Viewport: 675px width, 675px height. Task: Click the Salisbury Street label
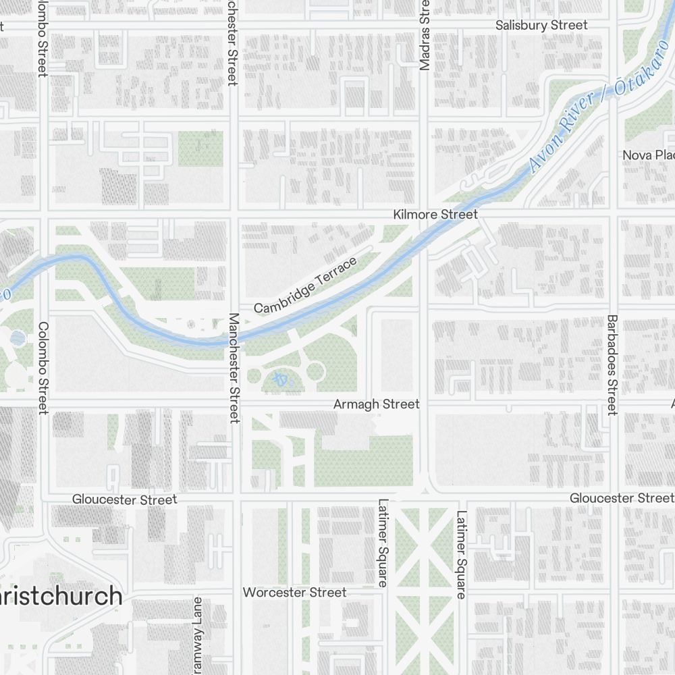[x=541, y=25]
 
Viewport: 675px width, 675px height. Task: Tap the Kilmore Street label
[x=435, y=214]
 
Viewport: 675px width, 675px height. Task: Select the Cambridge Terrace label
[x=305, y=285]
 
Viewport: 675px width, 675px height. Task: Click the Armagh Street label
[x=377, y=404]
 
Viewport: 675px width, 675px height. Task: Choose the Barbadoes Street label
[x=612, y=364]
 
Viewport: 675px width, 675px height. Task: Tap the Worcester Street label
[x=294, y=593]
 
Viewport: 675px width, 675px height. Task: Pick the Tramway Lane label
[x=197, y=634]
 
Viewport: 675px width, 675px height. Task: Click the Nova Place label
[x=647, y=155]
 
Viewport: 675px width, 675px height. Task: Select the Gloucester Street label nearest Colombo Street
[x=125, y=500]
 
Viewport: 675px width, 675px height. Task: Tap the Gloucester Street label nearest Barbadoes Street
[x=621, y=498]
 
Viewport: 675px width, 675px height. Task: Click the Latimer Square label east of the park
[x=461, y=555]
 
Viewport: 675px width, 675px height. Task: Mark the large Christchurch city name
[x=61, y=597]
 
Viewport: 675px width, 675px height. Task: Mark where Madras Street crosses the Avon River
[x=423, y=242]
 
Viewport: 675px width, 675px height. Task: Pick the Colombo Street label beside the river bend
[x=43, y=368]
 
